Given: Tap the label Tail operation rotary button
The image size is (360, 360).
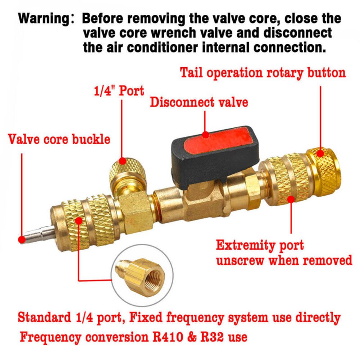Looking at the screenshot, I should click(263, 73).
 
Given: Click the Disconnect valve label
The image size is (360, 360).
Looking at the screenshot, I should click(199, 102).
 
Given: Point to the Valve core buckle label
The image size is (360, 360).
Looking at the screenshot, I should click(59, 139).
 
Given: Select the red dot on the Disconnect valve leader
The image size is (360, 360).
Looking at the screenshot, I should click(205, 135).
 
